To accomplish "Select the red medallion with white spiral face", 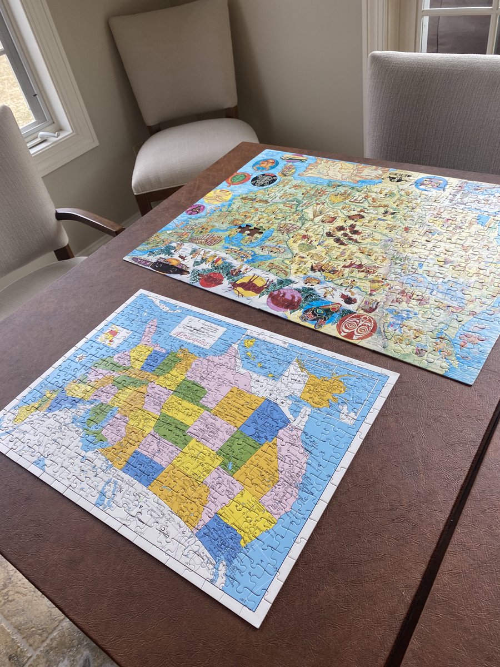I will (x=356, y=326).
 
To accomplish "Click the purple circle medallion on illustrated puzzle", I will (x=284, y=299).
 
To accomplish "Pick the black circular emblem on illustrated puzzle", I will (x=264, y=180).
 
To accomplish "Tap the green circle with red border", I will (x=238, y=178).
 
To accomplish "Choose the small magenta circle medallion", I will (x=195, y=209).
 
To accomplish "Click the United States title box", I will (x=198, y=329).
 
